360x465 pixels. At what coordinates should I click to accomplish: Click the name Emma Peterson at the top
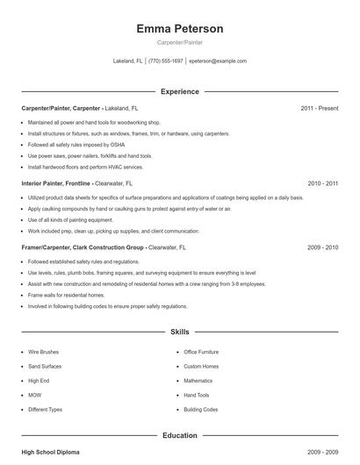pos(180,29)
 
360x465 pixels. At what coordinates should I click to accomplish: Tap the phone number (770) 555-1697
pos(166,61)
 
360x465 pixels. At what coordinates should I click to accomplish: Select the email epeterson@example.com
pos(218,61)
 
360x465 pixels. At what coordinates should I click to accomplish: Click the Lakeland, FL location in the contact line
pos(128,61)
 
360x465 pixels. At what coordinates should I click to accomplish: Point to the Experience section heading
pos(180,91)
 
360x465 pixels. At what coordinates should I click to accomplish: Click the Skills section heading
pos(180,333)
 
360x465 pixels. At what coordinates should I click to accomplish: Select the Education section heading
pos(180,435)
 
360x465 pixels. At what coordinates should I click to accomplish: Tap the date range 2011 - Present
pos(319,108)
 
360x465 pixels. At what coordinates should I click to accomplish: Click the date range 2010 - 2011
pos(322,184)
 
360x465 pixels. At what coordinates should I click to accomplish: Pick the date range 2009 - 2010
pos(322,248)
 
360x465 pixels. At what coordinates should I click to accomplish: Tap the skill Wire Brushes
pos(44,352)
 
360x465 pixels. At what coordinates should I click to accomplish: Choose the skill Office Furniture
pos(201,352)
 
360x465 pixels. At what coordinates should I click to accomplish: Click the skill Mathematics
pos(198,381)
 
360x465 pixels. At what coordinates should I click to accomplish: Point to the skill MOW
pos(34,396)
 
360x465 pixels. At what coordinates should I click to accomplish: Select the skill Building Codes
pos(201,410)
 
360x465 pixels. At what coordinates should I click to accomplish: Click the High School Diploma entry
pos(50,452)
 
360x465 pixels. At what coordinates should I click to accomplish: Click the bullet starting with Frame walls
pos(61,296)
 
